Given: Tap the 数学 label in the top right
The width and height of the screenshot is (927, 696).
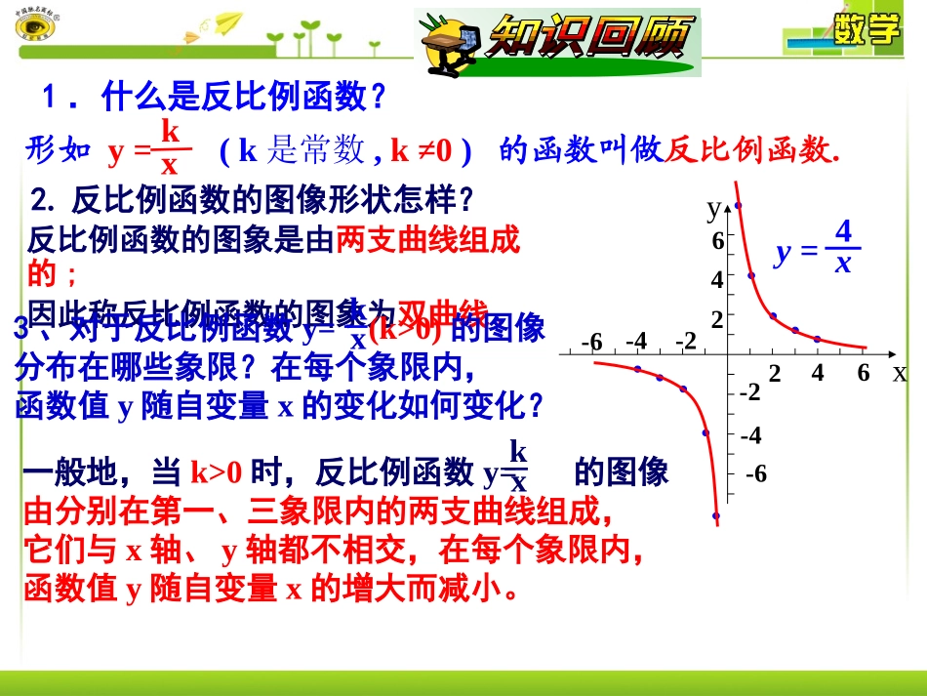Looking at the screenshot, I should [x=867, y=29].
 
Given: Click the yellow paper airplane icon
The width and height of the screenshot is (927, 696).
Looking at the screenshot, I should [x=228, y=22].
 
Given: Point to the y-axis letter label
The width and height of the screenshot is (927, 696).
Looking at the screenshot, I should [x=713, y=207].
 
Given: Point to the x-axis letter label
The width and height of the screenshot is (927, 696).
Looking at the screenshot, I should [x=899, y=372].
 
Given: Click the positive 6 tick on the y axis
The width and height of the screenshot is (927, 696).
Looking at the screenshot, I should [x=717, y=241].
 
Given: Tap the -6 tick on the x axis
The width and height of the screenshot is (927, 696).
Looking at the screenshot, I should [x=591, y=342].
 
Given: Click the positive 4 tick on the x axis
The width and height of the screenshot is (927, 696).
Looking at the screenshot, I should [x=818, y=372].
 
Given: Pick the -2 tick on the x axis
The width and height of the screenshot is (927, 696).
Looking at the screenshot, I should [x=685, y=342].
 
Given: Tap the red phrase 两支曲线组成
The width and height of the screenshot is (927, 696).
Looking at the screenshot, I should [x=427, y=239].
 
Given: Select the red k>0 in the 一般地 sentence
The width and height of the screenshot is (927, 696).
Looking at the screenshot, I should [x=216, y=473].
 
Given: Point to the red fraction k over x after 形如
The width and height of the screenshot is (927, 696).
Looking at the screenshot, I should [x=170, y=148].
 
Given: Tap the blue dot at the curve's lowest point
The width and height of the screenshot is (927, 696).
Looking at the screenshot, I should [x=716, y=515].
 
